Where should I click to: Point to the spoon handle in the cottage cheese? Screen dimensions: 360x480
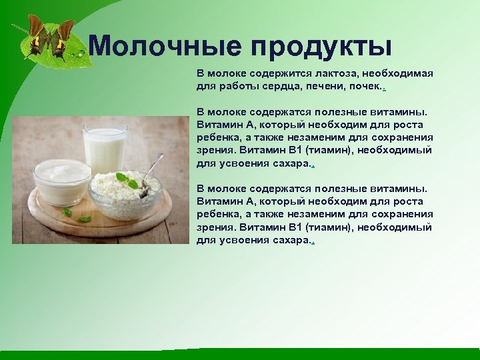pyautogui.click(x=153, y=163)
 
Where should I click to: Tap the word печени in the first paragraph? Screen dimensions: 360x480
pyautogui.click(x=327, y=87)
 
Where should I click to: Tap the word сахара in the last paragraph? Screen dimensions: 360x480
pyautogui.click(x=291, y=239)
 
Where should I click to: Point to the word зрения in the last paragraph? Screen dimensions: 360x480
pyautogui.click(x=215, y=227)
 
